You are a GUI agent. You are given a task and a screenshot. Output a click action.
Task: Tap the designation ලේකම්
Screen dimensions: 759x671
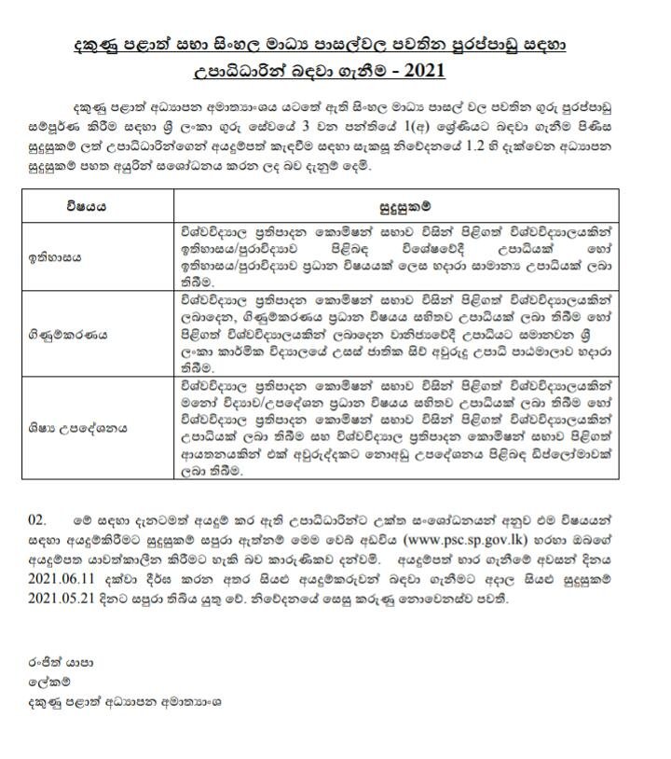point(46,681)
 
